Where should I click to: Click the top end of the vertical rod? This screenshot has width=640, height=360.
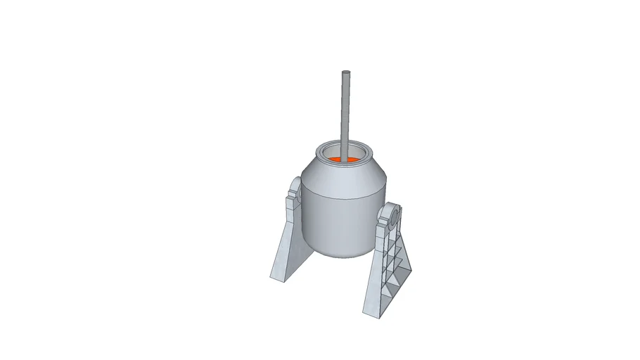coord(345,73)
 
